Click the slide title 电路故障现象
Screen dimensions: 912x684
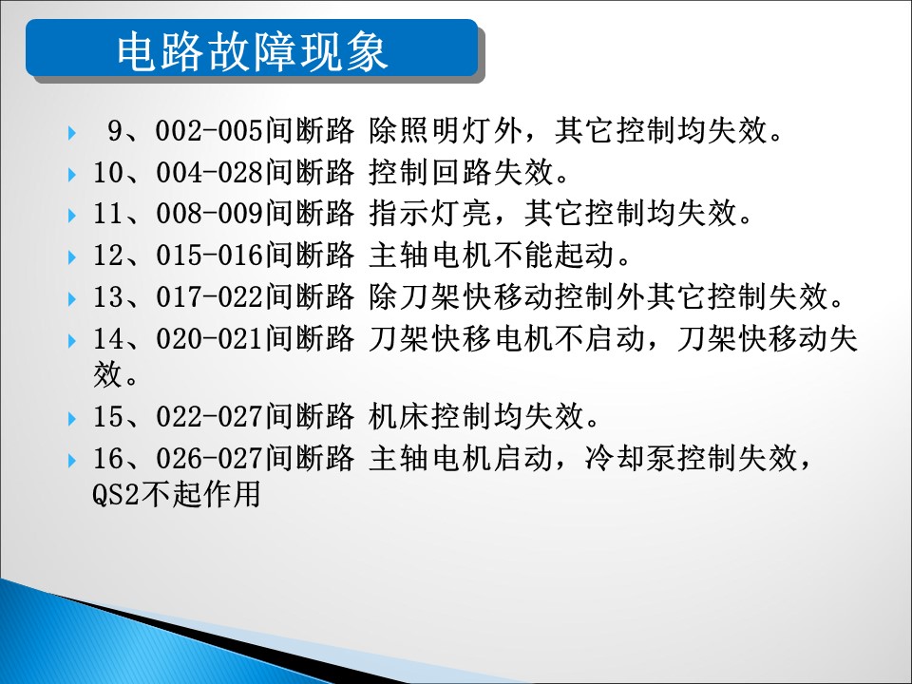click(x=253, y=51)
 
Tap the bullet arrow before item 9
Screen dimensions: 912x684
click(x=72, y=133)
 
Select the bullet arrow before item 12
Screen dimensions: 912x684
click(x=72, y=257)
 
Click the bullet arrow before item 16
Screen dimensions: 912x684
click(x=72, y=461)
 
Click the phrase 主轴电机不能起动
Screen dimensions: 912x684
click(x=491, y=256)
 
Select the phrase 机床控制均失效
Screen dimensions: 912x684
click(x=476, y=416)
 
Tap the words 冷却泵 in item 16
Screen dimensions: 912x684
click(x=630, y=458)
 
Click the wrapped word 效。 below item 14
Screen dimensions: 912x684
click(x=116, y=374)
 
